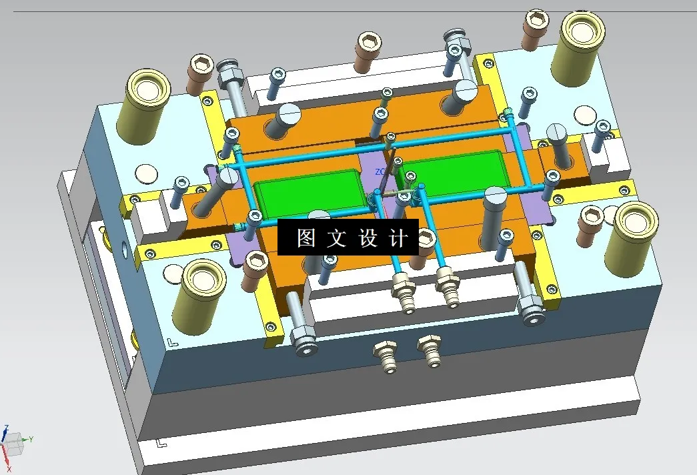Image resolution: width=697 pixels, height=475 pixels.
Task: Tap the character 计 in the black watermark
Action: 399,238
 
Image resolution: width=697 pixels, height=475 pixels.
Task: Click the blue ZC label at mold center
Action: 380,172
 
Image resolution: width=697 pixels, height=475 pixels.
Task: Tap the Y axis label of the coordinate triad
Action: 31,439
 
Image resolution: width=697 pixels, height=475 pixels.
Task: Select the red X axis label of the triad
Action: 9,468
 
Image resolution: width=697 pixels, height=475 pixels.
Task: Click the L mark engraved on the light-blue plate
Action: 173,343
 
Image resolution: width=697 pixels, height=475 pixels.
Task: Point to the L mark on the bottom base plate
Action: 160,442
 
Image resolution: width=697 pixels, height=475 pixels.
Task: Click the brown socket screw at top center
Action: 368,51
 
